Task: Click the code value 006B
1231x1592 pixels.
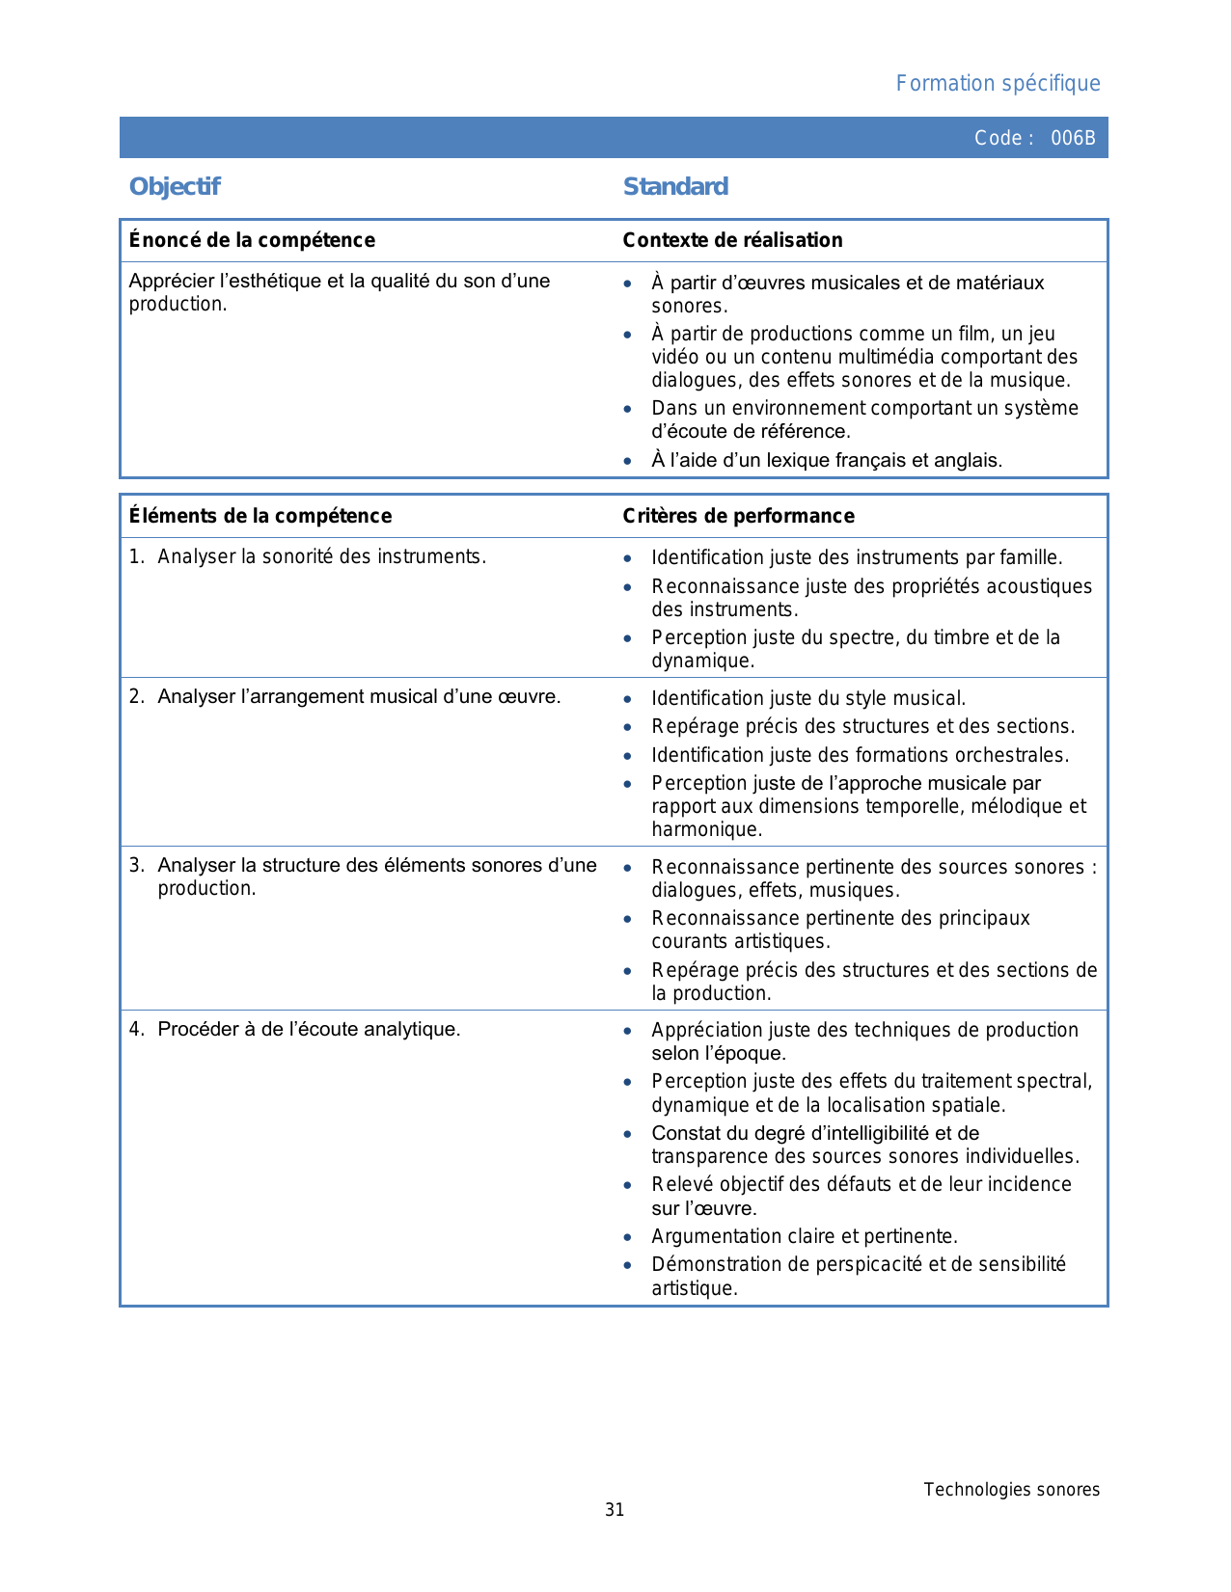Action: coord(1073,138)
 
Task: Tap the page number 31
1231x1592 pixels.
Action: coord(615,1510)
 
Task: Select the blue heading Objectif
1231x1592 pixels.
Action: coord(175,187)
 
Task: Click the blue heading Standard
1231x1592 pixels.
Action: coord(675,187)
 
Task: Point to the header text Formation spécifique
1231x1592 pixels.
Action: coord(998,84)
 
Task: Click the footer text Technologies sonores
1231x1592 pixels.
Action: coord(1011,1490)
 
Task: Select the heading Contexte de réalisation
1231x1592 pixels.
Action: coord(732,240)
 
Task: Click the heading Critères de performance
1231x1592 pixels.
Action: coord(738,516)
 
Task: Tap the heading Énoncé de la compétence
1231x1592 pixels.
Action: coord(252,240)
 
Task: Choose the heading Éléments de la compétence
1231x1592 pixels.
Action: coord(260,516)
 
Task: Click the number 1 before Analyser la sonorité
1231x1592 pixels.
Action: coord(135,556)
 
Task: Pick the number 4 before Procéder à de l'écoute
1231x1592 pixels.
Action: coord(135,1029)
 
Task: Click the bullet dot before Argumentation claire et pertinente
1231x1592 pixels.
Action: coord(628,1237)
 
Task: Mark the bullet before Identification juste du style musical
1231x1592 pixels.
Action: coord(628,699)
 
